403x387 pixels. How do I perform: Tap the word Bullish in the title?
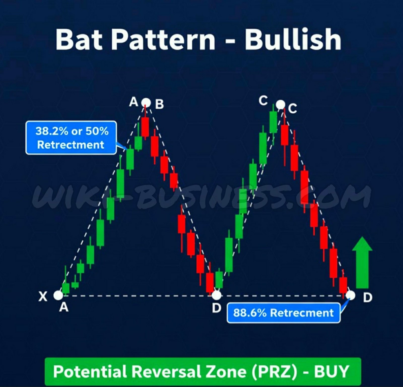(x=293, y=39)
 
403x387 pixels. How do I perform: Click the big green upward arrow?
(x=362, y=263)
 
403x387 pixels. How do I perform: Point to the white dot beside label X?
(x=58, y=295)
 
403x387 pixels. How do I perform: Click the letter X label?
(x=43, y=297)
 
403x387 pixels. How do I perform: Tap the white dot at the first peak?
(x=146, y=103)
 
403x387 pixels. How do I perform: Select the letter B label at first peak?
(x=159, y=104)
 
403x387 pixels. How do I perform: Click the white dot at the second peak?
(x=280, y=104)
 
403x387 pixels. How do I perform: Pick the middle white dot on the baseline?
(x=216, y=295)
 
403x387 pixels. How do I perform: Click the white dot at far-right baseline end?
(x=350, y=295)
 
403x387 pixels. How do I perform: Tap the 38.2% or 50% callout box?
(x=71, y=138)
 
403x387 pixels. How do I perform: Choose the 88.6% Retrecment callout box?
(x=283, y=313)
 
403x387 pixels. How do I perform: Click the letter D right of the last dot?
(x=367, y=298)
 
